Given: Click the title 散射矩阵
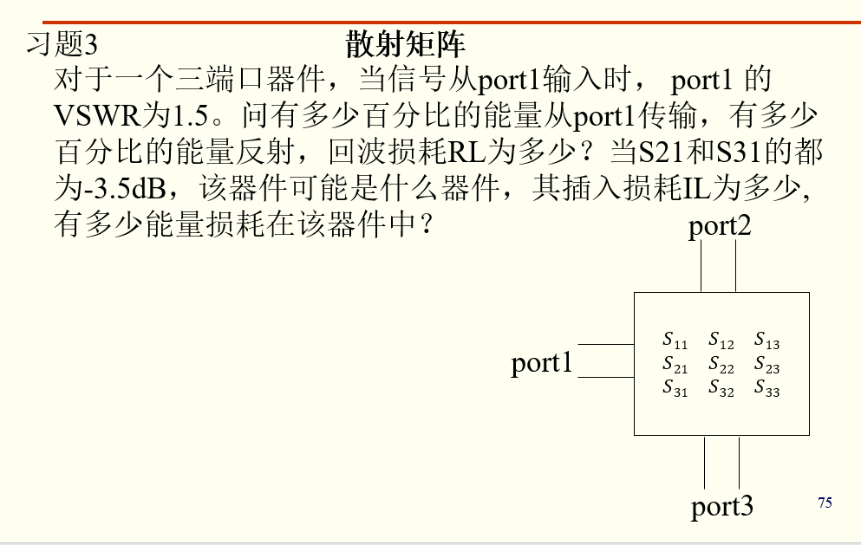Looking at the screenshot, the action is [405, 43].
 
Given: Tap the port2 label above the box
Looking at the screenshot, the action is [720, 226].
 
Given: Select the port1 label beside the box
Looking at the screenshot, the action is [542, 363].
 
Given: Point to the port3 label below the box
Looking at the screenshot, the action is [722, 506].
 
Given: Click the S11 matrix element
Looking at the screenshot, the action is [675, 340].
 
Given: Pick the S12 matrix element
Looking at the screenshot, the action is [721, 340].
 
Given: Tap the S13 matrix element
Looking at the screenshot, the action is [766, 340].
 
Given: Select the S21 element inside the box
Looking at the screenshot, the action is [675, 364].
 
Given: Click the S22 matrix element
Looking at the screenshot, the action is [721, 364].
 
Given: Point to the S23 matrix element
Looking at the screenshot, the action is [766, 364].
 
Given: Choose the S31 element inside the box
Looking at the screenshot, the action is [675, 387].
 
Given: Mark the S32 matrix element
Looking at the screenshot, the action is [721, 387].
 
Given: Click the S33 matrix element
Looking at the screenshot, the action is [766, 387].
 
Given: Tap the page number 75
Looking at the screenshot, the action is [825, 503].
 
